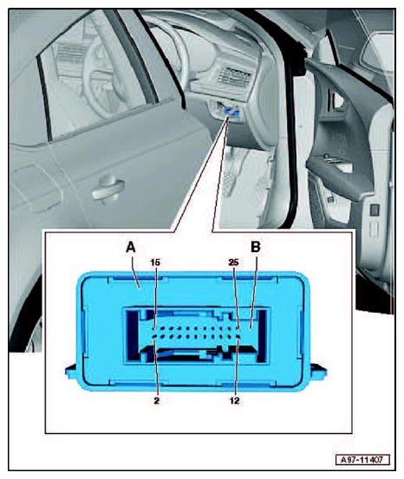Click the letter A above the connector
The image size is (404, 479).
(131, 247)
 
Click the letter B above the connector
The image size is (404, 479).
(256, 247)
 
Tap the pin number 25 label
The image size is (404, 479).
(234, 262)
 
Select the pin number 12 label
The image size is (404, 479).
(234, 400)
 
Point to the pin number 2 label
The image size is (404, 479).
(157, 400)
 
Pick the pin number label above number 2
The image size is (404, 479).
(155, 262)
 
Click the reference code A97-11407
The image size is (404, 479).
(362, 460)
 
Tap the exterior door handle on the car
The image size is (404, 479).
(108, 189)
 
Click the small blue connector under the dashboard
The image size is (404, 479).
(231, 112)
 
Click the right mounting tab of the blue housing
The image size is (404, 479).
(319, 371)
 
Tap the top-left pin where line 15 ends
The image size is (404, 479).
(155, 329)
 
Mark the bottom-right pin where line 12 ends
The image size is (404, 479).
(238, 337)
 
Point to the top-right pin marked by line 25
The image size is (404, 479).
(238, 329)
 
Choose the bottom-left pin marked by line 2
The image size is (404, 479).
(155, 337)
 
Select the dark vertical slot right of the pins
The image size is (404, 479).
(262, 336)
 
